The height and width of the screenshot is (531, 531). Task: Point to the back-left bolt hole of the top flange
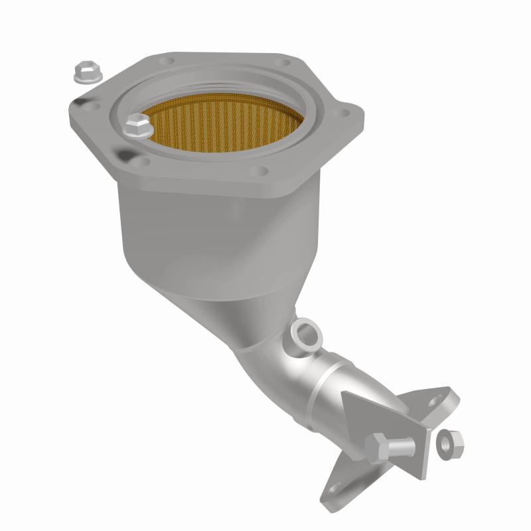click(168, 60)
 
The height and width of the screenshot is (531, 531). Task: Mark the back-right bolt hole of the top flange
click(286, 64)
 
